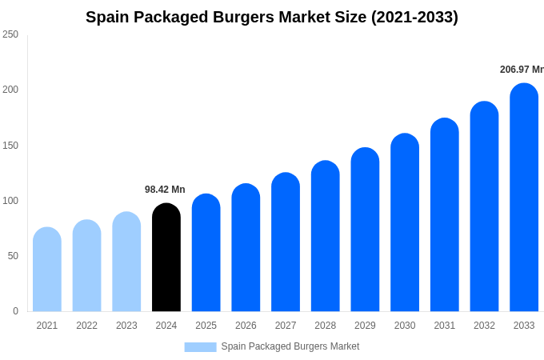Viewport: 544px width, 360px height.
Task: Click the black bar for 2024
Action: (166, 258)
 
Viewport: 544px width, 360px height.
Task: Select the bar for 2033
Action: (524, 198)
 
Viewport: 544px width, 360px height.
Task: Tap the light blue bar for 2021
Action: (47, 270)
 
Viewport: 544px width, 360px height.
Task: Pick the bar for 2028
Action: (326, 236)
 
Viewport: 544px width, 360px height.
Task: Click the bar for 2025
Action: (206, 253)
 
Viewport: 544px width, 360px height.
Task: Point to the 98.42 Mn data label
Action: (165, 190)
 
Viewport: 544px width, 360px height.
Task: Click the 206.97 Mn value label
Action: (522, 70)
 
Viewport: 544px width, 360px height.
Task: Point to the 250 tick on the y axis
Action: (10, 34)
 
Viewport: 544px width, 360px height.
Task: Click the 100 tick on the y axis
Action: (10, 201)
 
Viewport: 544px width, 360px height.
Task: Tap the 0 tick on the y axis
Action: (15, 311)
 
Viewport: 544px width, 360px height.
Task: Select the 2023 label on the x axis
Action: (126, 326)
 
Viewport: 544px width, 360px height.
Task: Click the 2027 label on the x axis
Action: (286, 326)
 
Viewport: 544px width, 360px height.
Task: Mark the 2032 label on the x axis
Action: (484, 326)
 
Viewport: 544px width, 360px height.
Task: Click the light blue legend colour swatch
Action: (200, 347)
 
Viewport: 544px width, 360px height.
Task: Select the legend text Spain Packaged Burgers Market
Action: (290, 346)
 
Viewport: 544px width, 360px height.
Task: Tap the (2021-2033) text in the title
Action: (414, 17)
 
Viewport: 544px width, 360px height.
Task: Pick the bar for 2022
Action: (87, 266)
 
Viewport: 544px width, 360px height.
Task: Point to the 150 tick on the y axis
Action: (10, 146)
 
